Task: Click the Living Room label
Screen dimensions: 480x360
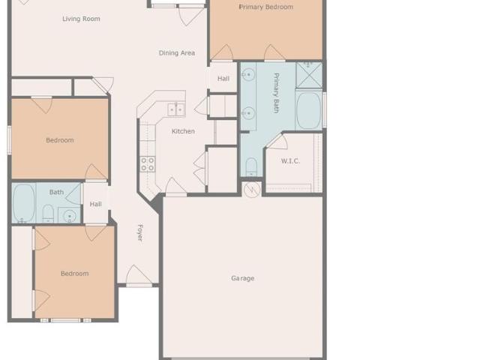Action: pyautogui.click(x=81, y=19)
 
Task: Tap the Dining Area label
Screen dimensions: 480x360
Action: pyautogui.click(x=177, y=53)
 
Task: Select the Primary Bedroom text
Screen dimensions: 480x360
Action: pyautogui.click(x=266, y=7)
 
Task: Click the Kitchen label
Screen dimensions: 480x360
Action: pyautogui.click(x=183, y=131)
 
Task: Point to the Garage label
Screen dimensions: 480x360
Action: pyautogui.click(x=243, y=278)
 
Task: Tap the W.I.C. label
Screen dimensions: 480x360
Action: pyautogui.click(x=290, y=161)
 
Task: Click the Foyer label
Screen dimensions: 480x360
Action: pyautogui.click(x=140, y=233)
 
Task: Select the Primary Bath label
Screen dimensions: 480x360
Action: pyautogui.click(x=276, y=93)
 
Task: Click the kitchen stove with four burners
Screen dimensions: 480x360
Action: pyautogui.click(x=148, y=164)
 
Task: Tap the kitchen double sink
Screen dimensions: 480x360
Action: pyautogui.click(x=176, y=110)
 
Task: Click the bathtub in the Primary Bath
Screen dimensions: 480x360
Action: pyautogui.click(x=308, y=110)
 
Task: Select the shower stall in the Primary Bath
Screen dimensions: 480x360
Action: pyautogui.click(x=309, y=75)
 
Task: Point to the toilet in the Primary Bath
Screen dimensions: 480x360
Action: pyautogui.click(x=252, y=166)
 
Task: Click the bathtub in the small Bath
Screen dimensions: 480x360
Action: pyautogui.click(x=24, y=202)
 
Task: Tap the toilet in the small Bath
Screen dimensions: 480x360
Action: pyautogui.click(x=48, y=213)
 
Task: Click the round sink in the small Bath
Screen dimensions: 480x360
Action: pyautogui.click(x=70, y=215)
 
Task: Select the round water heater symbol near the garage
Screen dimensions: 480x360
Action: pyautogui.click(x=252, y=190)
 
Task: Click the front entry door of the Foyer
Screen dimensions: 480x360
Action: pyautogui.click(x=139, y=275)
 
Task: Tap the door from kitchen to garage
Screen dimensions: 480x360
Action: pyautogui.click(x=175, y=187)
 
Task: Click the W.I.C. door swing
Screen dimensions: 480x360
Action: pyautogui.click(x=277, y=142)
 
